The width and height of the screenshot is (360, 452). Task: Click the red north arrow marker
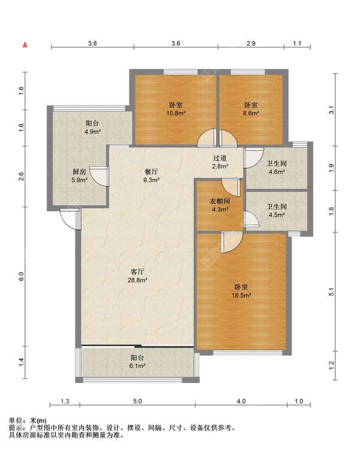click(25, 44)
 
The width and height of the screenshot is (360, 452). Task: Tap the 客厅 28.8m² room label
click(137, 276)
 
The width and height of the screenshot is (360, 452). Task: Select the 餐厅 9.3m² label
click(152, 176)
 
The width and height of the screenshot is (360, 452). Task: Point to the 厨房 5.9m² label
click(79, 176)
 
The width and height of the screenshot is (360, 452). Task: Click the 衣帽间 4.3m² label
click(220, 205)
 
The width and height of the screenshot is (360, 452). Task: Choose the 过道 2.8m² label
click(220, 162)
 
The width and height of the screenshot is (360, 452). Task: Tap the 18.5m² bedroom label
click(241, 291)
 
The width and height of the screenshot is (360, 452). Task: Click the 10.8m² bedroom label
click(176, 109)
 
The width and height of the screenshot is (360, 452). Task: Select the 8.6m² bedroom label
click(251, 109)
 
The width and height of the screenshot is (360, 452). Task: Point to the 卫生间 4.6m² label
click(277, 167)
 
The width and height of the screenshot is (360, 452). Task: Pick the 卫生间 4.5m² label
click(277, 211)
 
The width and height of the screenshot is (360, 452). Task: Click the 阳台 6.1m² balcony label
click(137, 362)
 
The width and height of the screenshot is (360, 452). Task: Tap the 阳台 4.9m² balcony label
click(92, 127)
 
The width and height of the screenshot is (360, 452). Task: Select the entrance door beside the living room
click(71, 219)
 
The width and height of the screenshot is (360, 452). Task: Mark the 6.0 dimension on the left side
click(21, 277)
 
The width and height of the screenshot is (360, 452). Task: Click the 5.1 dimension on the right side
click(331, 292)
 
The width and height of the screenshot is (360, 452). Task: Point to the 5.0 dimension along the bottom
click(137, 401)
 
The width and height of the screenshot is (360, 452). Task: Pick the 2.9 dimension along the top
click(251, 43)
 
